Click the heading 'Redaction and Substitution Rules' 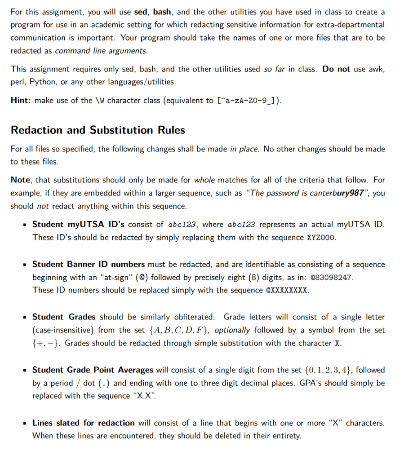pos(98,130)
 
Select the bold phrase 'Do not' pos(336,69)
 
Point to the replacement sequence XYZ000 pos(320,237)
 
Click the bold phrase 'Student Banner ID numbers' pos(89,264)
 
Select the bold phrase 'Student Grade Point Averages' pos(93,370)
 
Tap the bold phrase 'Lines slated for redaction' pos(83,423)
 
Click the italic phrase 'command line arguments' pos(101,51)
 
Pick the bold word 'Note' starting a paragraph pos(20,180)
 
